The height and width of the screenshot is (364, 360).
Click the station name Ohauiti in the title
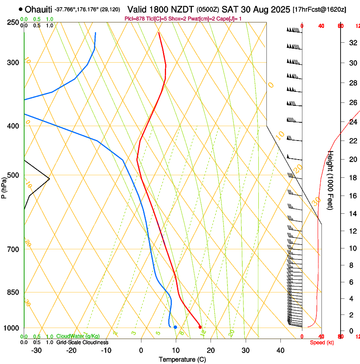coord(39,9)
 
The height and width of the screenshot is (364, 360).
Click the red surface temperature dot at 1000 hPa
coord(200,327)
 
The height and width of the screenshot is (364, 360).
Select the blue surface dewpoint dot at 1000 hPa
coord(175,327)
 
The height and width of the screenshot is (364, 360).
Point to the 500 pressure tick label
coord(13,175)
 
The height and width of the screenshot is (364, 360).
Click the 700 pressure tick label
coord(13,249)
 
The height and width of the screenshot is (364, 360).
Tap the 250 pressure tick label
coord(13,22)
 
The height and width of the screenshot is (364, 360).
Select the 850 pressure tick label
coord(13,292)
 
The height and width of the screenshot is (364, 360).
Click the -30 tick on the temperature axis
coord(37,350)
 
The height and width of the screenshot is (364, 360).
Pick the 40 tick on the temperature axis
coord(280,350)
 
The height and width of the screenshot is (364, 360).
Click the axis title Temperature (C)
coord(182,359)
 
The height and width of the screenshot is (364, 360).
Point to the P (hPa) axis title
coord(4,187)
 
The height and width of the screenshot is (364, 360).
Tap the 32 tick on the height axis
coord(352,42)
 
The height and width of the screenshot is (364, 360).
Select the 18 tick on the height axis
coord(352,178)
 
